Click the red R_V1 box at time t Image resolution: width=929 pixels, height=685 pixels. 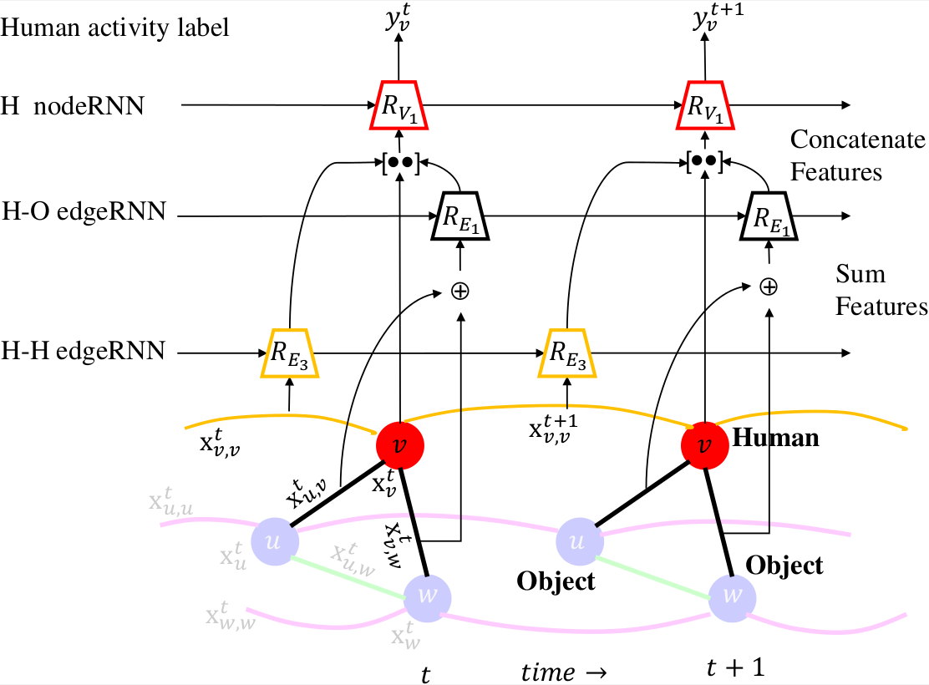click(399, 106)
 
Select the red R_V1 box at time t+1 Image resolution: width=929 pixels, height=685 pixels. click(703, 106)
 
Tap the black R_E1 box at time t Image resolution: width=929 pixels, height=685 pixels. click(460, 216)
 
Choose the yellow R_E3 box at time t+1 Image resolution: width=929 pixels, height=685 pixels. click(567, 354)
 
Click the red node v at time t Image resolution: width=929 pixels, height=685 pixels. click(400, 444)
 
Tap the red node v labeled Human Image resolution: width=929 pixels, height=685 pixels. click(704, 444)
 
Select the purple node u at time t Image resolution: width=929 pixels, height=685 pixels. click(275, 540)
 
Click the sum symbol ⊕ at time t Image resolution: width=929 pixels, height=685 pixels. click(460, 290)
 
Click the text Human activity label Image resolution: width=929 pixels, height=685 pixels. click(115, 28)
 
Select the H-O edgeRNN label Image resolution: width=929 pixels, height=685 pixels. click(84, 211)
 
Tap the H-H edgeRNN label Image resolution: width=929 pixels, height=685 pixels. click(84, 352)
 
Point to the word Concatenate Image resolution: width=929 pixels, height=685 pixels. click(857, 138)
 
